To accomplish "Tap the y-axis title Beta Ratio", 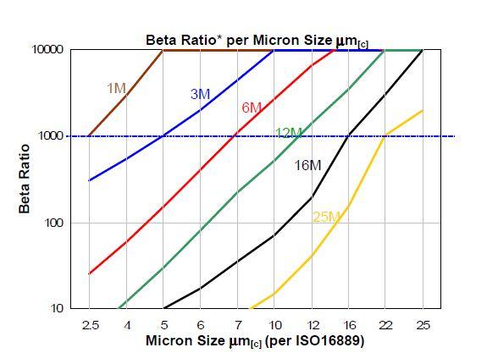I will tap(25, 179).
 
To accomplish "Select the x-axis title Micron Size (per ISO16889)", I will tap(254, 342).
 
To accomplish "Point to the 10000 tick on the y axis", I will tap(47, 50).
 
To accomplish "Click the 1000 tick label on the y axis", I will tap(51, 136).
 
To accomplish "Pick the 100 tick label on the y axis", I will tap(54, 223).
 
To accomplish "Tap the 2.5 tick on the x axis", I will tap(89, 325).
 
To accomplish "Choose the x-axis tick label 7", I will tap(237, 325).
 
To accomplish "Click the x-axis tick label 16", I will tap(348, 325).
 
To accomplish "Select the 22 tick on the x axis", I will tap(385, 325).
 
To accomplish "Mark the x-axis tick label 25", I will tap(422, 325).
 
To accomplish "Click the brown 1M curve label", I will tap(117, 88).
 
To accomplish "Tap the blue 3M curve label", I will tap(200, 95).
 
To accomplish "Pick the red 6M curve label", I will tap(252, 108).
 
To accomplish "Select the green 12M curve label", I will tap(289, 133).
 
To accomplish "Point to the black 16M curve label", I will tap(307, 165).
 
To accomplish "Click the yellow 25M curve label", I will tap(326, 218).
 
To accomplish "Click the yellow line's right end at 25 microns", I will tap(422, 111).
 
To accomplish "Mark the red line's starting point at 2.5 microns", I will tap(89, 273).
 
